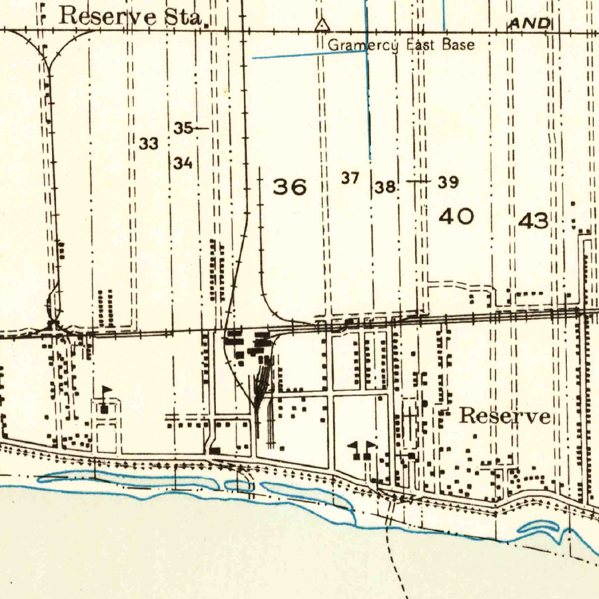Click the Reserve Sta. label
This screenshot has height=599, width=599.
[131, 16]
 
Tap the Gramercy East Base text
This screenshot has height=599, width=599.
[401, 45]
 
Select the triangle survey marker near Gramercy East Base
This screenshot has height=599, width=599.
[321, 25]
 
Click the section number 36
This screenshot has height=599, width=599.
[290, 187]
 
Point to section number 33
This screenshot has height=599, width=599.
[149, 143]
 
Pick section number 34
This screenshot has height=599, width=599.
[183, 163]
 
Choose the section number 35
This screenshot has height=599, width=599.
[183, 128]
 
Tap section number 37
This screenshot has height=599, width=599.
[350, 178]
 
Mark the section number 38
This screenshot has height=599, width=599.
[385, 188]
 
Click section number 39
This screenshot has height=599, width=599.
[448, 183]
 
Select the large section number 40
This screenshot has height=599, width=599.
[456, 217]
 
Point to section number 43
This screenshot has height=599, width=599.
[533, 221]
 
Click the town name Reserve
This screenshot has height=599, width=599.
[505, 416]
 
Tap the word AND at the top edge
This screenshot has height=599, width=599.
[531, 23]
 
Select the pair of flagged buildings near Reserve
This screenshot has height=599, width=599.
[362, 450]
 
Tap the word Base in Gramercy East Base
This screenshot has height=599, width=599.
[458, 44]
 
